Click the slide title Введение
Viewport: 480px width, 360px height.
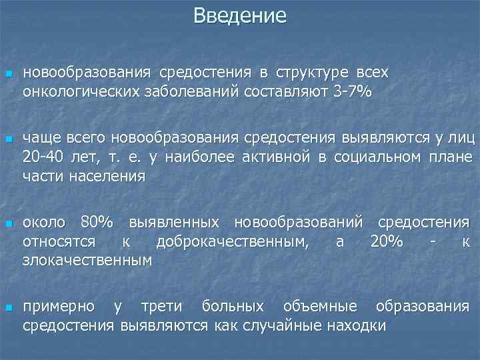pyautogui.click(x=240, y=15)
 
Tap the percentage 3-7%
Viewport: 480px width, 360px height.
pyautogui.click(x=352, y=91)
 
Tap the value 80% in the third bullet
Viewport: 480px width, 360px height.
pyautogui.click(x=97, y=222)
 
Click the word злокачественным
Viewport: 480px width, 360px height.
pyautogui.click(x=87, y=260)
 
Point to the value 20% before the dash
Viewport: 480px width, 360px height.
pyautogui.click(x=386, y=241)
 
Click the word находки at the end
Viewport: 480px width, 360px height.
pyautogui.click(x=357, y=326)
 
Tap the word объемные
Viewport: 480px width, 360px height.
pyautogui.click(x=320, y=307)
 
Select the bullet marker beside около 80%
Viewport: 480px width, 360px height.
pyautogui.click(x=8, y=223)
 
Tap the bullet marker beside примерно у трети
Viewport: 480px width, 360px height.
pyautogui.click(x=8, y=308)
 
